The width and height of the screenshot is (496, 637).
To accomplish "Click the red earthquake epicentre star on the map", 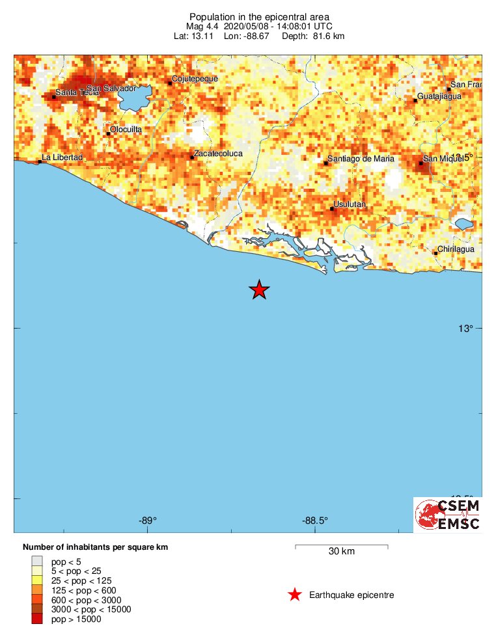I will click(259, 290).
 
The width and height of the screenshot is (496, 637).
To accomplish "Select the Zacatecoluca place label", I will click(218, 154).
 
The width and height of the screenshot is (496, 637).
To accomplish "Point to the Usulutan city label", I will click(350, 205).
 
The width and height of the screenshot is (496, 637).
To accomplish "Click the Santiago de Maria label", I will click(361, 159).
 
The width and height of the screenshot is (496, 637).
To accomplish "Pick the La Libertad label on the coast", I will click(62, 157).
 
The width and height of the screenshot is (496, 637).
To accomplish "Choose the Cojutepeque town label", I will click(194, 79).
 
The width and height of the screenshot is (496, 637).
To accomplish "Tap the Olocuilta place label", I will click(126, 129).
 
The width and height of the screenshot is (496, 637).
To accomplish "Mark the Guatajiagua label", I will click(439, 96).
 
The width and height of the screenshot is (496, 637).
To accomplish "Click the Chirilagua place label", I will click(456, 249).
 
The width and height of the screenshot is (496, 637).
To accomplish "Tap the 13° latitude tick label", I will click(464, 329).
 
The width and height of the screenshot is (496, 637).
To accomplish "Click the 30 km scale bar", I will click(342, 546).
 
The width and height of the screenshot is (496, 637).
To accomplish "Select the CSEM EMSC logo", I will click(448, 515).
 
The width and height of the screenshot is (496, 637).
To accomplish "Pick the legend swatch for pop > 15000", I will click(37, 619).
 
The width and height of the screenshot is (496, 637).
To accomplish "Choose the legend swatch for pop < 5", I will click(37, 560).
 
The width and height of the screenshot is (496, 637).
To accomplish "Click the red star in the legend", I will click(295, 594).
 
